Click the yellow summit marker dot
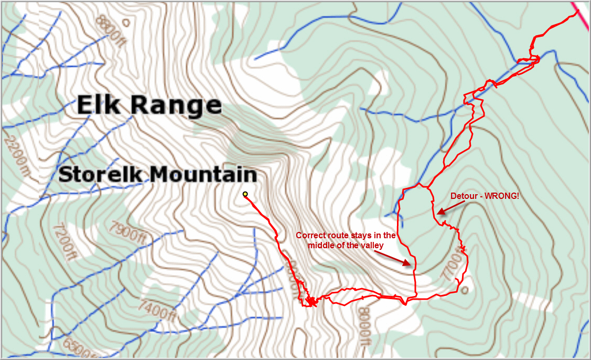(245, 194)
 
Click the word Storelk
(100, 174)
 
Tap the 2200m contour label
(15, 154)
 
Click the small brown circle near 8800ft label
(125, 22)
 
